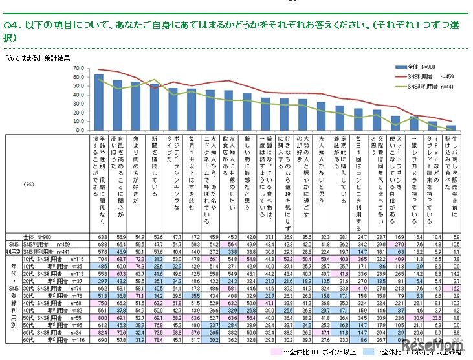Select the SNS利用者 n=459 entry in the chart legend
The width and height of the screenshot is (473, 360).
(410, 76)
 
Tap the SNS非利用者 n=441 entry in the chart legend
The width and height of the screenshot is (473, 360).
(410, 85)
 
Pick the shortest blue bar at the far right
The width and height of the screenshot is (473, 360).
(451, 128)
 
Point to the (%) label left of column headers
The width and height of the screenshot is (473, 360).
(28, 184)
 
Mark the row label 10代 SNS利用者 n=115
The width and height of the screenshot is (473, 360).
(58, 258)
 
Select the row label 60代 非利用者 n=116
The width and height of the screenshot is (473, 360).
(59, 339)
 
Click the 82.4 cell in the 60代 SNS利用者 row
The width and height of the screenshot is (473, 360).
(99, 332)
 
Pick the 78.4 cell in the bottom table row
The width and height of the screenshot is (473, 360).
(155, 339)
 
